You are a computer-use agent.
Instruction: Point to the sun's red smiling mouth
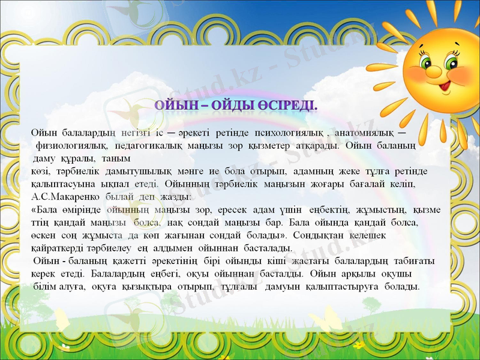click(445, 86)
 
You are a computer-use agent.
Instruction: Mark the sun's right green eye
click(451, 62)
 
